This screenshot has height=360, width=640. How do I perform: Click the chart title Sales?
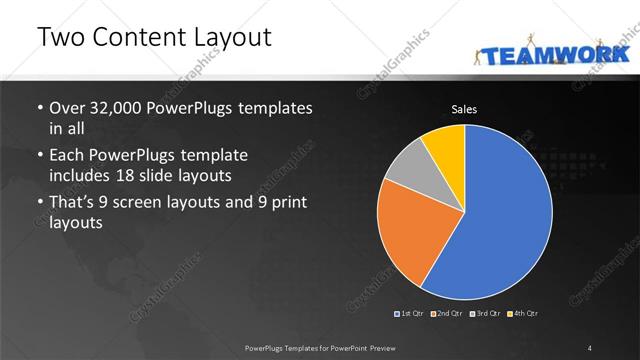coord(463,108)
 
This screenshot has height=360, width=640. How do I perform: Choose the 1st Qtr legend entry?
coord(411,314)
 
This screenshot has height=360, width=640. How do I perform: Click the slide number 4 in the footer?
coord(590,347)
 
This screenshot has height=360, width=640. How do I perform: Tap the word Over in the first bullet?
coord(66,107)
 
